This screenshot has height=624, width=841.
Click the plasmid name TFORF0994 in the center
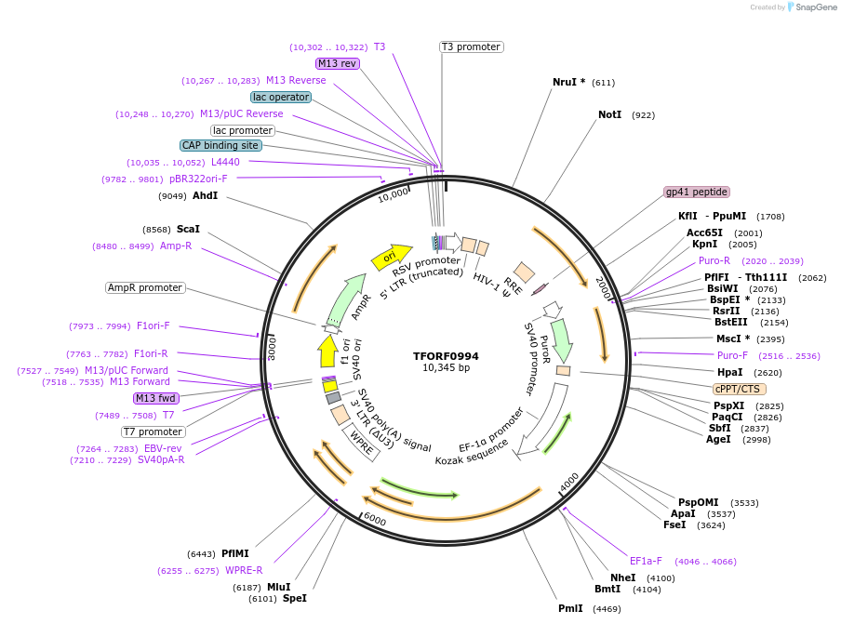pyautogui.click(x=446, y=356)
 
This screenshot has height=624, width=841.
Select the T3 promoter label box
pyautogui.click(x=471, y=46)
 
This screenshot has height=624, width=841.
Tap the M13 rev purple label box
pyautogui.click(x=337, y=63)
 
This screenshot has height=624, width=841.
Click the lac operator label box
pyautogui.click(x=280, y=97)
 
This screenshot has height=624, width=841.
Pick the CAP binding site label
pyautogui.click(x=220, y=145)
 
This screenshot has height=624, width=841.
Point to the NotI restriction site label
pyautogui.click(x=609, y=114)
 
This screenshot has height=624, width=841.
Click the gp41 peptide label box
pyautogui.click(x=696, y=192)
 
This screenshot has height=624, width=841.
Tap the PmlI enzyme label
pyautogui.click(x=570, y=608)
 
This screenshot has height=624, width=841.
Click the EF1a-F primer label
pyautogui.click(x=646, y=561)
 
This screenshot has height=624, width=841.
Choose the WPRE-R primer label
pyautogui.click(x=244, y=570)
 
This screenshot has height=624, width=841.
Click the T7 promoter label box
pyautogui.click(x=153, y=431)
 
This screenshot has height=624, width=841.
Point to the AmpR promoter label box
pyautogui.click(x=145, y=287)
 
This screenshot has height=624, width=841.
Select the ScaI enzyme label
pyautogui.click(x=188, y=229)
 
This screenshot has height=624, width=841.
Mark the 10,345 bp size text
pyautogui.click(x=446, y=368)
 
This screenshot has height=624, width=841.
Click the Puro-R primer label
pyautogui.click(x=714, y=260)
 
